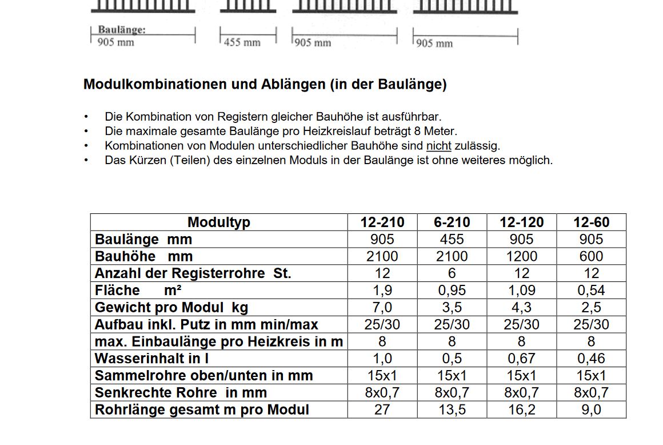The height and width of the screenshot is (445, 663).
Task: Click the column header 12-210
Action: pyautogui.click(x=382, y=223)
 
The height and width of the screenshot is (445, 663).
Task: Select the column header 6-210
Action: pyautogui.click(x=452, y=223)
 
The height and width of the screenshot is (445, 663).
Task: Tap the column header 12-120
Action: pyautogui.click(x=521, y=223)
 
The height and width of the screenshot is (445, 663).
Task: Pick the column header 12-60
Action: pyautogui.click(x=591, y=223)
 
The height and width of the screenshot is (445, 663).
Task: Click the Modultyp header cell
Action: pyautogui.click(x=219, y=223)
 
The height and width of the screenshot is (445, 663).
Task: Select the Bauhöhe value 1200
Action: pyautogui.click(x=521, y=256)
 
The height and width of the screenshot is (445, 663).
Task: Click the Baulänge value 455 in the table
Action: pyautogui.click(x=452, y=239)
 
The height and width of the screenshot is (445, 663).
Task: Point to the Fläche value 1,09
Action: pyautogui.click(x=521, y=291)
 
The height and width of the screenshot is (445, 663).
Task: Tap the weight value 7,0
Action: pyautogui.click(x=382, y=307)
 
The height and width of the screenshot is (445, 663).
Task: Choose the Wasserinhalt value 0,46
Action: pyautogui.click(x=591, y=359)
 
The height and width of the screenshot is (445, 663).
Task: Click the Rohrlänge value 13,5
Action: pyautogui.click(x=452, y=410)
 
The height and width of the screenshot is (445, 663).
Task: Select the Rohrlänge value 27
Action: pyautogui.click(x=382, y=410)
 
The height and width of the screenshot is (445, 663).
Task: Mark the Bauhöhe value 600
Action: pyautogui.click(x=591, y=256)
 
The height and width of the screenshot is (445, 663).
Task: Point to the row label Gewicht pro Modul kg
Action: pyautogui.click(x=171, y=307)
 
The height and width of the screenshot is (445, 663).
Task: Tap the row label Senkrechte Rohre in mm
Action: pyautogui.click(x=181, y=392)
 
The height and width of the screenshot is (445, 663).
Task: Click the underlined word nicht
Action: pyautogui.click(x=438, y=146)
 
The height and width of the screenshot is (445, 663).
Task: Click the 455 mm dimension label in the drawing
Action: pyautogui.click(x=242, y=42)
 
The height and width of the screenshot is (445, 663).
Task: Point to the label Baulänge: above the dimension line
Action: pyautogui.click(x=121, y=30)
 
